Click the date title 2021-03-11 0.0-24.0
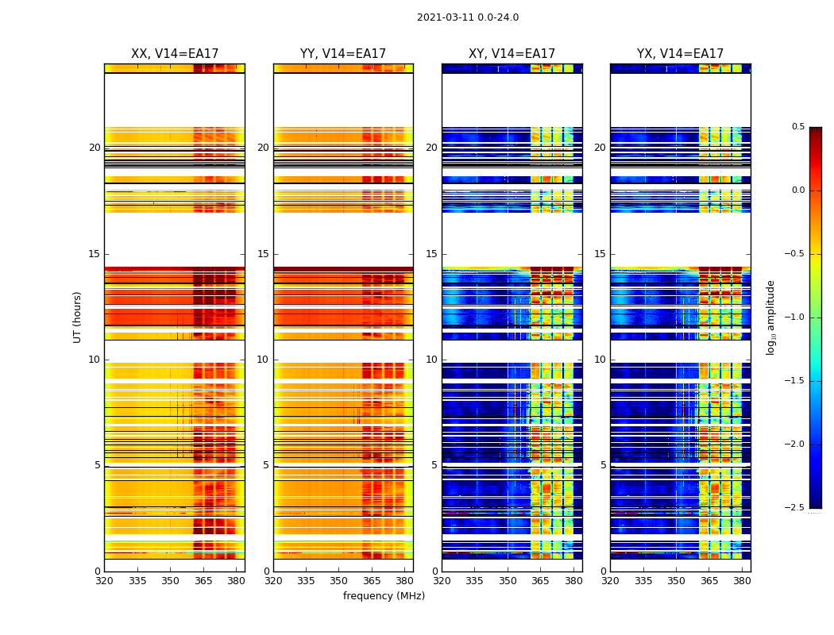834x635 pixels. (x=468, y=17)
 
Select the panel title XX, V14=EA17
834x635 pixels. (x=175, y=54)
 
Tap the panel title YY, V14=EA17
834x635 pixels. (x=343, y=54)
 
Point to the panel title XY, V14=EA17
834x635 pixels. (x=512, y=54)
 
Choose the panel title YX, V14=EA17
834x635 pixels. (x=680, y=54)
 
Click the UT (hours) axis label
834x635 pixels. (x=78, y=317)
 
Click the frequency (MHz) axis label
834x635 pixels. (x=384, y=596)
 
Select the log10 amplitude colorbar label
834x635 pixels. (x=770, y=317)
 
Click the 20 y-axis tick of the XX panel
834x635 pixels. (x=95, y=148)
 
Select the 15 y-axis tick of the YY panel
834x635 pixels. (x=263, y=254)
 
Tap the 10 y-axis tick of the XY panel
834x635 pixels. (x=431, y=360)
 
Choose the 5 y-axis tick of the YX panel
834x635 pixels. (x=603, y=465)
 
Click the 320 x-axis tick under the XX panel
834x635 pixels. (x=104, y=582)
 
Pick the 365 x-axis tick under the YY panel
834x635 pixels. (x=372, y=582)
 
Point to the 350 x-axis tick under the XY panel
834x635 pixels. (x=508, y=582)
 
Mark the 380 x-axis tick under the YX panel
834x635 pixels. (x=742, y=582)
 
